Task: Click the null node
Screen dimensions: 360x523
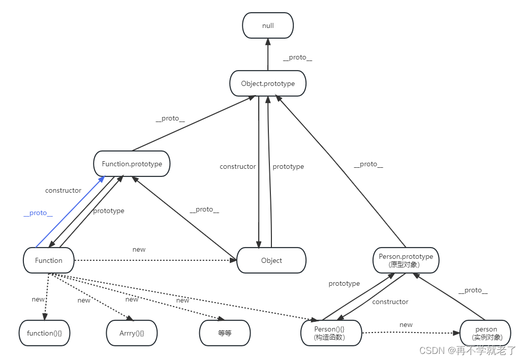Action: (268, 25)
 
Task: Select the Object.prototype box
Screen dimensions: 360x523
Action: (268, 83)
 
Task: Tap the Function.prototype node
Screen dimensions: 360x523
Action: (132, 164)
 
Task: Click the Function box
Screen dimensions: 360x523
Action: (49, 260)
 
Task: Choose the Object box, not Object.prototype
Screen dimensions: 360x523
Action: (271, 260)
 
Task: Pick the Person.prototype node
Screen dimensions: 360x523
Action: (406, 260)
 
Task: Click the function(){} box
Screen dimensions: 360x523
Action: (44, 333)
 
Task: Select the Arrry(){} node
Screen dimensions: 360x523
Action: (132, 333)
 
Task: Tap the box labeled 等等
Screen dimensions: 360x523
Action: (225, 333)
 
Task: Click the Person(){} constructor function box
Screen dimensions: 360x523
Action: (331, 333)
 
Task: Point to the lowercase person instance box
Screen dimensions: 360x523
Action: (485, 333)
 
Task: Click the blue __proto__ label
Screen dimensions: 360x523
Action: (38, 213)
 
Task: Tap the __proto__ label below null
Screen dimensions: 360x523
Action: (297, 57)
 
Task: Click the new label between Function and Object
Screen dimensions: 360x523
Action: (139, 249)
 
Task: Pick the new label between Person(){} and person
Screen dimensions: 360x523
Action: (406, 324)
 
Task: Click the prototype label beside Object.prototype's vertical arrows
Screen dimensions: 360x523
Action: (288, 166)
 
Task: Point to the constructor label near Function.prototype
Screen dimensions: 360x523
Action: (63, 190)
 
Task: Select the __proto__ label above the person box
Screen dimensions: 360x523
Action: (473, 290)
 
